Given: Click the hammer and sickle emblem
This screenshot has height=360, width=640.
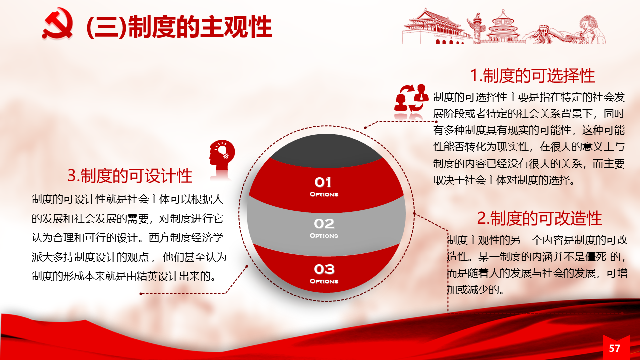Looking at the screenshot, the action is [57, 23].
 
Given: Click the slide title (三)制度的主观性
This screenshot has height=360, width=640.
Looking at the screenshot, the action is [179, 27].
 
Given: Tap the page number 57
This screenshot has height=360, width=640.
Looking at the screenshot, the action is [615, 348].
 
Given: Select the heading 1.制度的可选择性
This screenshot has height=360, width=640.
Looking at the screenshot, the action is [532, 76].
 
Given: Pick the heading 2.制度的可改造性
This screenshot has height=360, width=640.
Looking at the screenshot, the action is [539, 218].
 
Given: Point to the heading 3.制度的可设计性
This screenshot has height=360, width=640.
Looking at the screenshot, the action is [130, 175].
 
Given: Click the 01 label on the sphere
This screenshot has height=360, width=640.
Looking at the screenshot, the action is [323, 182].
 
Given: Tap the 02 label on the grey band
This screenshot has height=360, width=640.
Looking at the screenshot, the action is [324, 224].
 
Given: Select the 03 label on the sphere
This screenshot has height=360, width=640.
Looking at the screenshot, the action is [324, 269].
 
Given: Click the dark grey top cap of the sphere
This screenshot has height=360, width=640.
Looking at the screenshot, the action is [326, 150].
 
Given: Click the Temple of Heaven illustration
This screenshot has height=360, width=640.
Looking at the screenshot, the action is [503, 27].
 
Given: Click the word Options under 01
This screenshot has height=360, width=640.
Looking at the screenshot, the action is [324, 194].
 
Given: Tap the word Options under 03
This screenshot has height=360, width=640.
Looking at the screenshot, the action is [324, 281].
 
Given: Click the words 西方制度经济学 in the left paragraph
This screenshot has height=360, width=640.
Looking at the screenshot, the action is [186, 238].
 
